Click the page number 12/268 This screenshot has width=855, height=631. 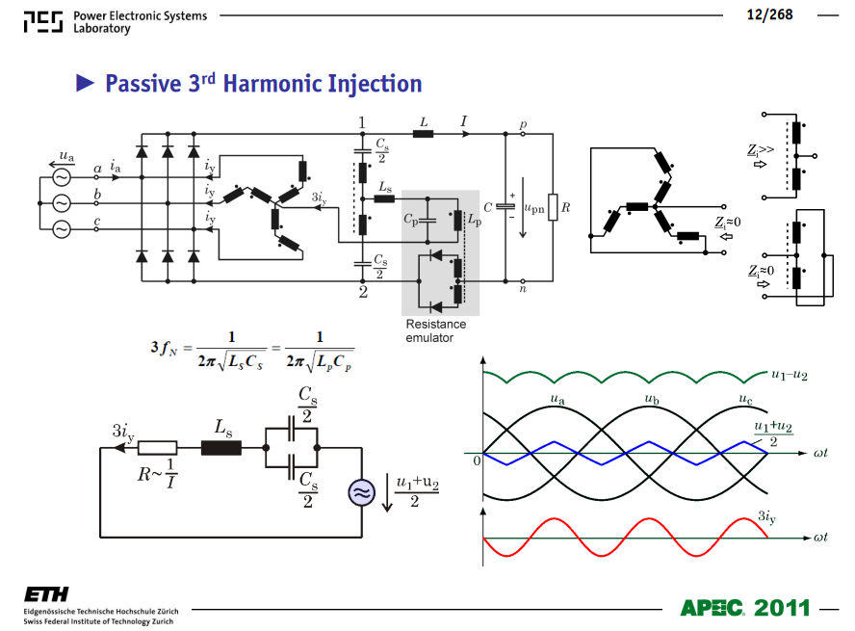click(x=769, y=14)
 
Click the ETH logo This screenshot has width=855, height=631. click(x=46, y=594)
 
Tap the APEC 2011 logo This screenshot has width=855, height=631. click(x=745, y=608)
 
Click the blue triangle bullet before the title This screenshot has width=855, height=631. click(x=85, y=83)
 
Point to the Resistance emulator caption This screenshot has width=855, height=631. click(x=435, y=331)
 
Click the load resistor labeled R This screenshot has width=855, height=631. click(x=553, y=207)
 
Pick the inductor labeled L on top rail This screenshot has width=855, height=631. click(x=423, y=134)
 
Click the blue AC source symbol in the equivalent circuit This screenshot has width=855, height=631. click(x=361, y=492)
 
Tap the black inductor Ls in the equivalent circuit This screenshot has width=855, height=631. click(x=221, y=448)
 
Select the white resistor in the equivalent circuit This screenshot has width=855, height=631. click(x=158, y=448)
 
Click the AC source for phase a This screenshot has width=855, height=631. click(x=62, y=177)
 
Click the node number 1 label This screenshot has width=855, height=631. click(x=361, y=122)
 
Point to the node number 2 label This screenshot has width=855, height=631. click(x=363, y=292)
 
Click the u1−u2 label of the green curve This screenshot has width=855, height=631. click(x=789, y=375)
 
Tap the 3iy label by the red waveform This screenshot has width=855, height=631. click(x=766, y=516)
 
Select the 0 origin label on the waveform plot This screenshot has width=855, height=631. click(x=477, y=460)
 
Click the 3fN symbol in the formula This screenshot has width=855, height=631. click(x=164, y=348)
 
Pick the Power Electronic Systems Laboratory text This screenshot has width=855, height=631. click(x=141, y=22)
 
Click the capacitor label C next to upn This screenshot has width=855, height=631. click(x=487, y=207)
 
